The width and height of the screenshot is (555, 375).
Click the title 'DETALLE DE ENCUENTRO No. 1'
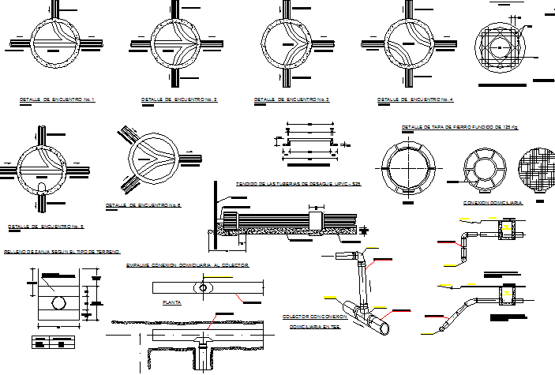click(x=56, y=99)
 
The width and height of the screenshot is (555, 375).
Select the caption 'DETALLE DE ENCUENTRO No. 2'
click(x=178, y=99)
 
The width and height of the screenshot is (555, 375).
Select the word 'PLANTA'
click(x=172, y=302)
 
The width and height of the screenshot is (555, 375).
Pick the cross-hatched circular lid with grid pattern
click(x=538, y=168)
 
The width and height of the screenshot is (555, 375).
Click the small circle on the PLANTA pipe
click(x=204, y=289)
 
